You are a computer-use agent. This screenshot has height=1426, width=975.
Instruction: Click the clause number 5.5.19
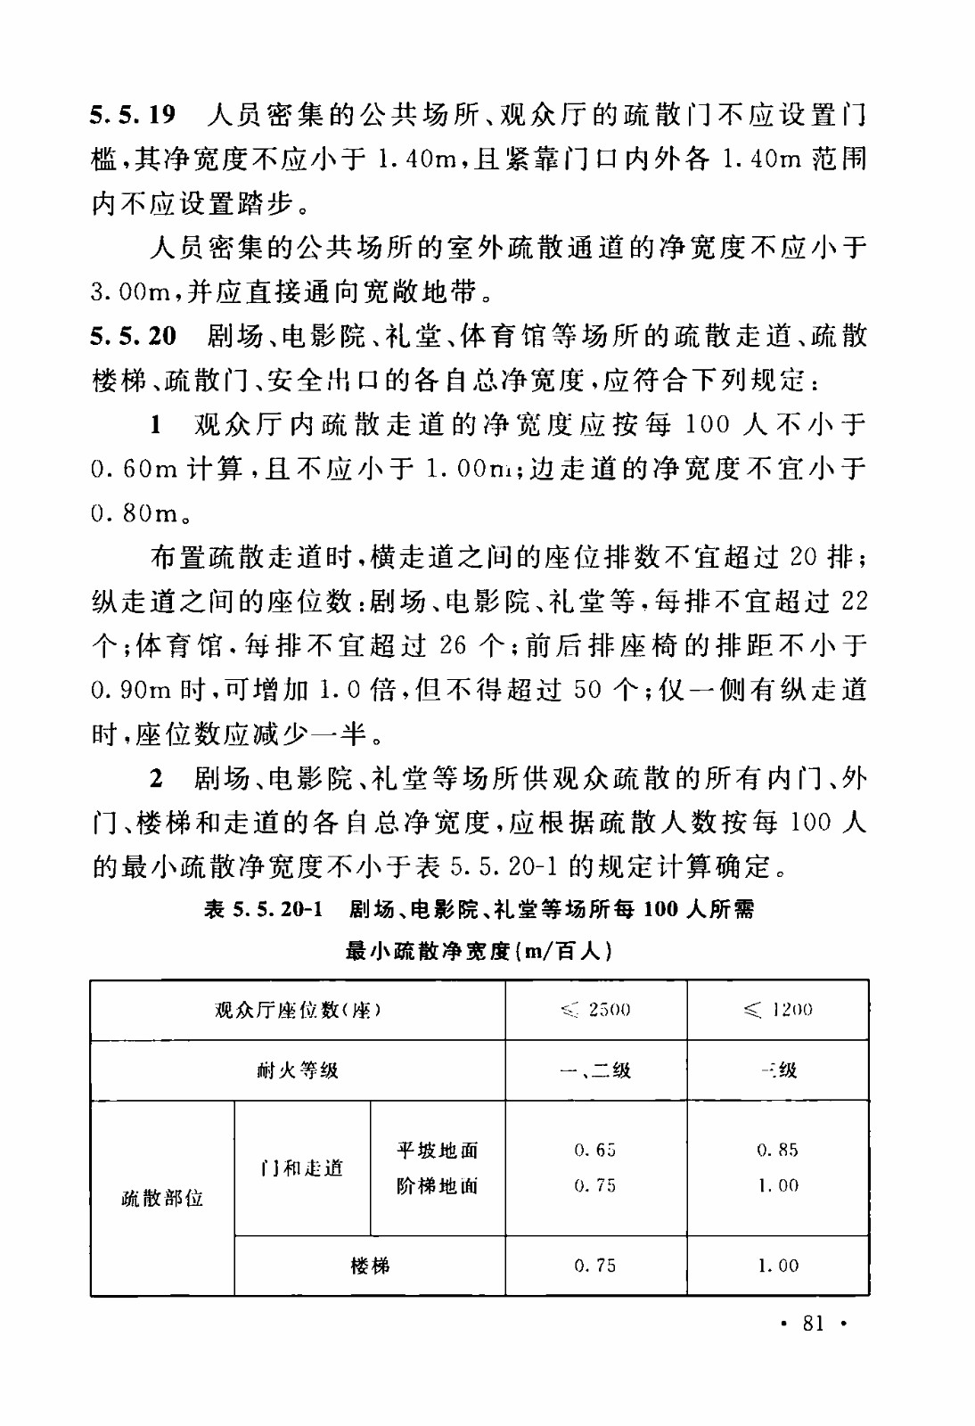(134, 115)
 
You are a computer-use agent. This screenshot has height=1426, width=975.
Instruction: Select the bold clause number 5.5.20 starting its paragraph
(134, 336)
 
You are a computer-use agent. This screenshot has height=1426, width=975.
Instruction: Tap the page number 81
(813, 1323)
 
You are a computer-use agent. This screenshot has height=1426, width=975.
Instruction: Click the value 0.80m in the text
(135, 513)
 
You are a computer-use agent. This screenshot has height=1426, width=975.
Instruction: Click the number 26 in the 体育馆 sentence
(453, 645)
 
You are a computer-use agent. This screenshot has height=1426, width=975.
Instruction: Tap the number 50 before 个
(588, 690)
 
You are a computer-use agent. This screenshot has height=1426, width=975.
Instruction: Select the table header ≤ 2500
(595, 1010)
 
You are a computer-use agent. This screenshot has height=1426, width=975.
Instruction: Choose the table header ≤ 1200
(778, 1010)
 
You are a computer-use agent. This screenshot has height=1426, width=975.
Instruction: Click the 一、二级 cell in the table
(595, 1069)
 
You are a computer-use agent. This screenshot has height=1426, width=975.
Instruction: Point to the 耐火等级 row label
(298, 1069)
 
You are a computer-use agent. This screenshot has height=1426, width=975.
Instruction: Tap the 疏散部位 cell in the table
(162, 1198)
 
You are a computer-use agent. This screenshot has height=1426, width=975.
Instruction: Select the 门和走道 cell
(301, 1168)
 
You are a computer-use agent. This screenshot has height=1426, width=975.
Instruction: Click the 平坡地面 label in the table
(438, 1150)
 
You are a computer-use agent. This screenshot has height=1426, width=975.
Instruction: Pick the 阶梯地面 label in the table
(438, 1186)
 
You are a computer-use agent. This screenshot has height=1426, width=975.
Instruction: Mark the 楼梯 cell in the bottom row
(370, 1266)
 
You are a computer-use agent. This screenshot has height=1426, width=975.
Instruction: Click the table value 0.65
(595, 1150)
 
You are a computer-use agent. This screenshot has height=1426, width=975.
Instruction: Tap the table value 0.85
(778, 1150)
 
